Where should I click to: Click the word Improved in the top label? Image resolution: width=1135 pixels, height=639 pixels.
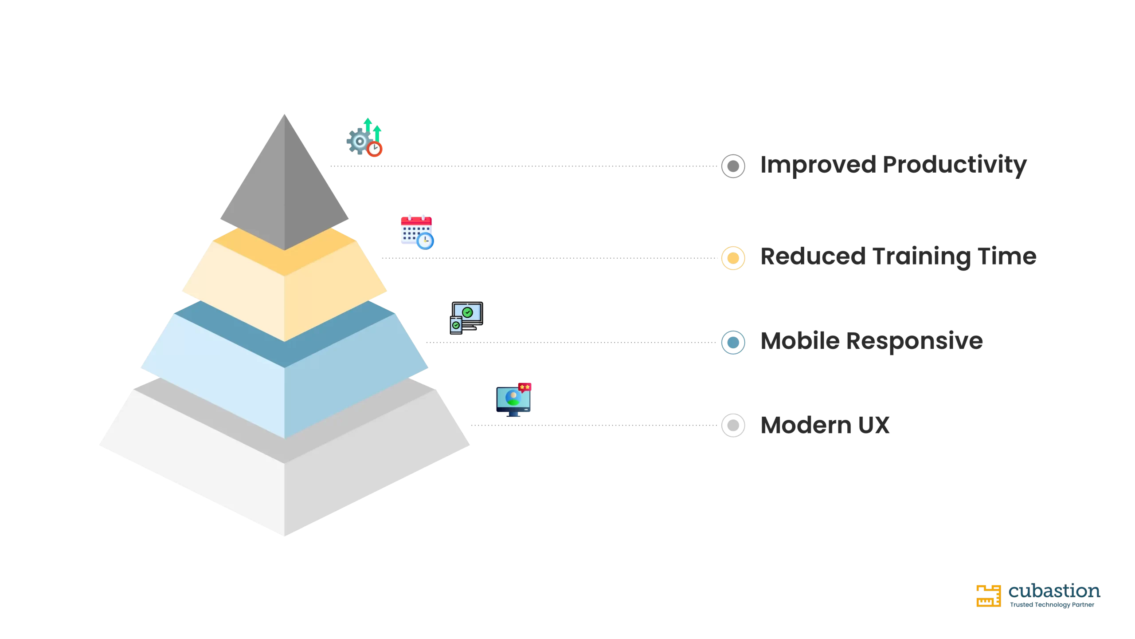click(818, 165)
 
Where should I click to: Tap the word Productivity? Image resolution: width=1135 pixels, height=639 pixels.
click(955, 165)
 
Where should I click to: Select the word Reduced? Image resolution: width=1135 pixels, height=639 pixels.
click(813, 256)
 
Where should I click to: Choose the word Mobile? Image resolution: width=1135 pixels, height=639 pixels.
click(800, 341)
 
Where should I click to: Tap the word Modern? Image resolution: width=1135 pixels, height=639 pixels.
click(806, 426)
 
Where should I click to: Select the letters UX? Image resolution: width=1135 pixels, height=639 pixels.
click(874, 426)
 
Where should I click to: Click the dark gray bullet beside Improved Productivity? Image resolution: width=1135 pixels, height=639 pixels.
click(733, 166)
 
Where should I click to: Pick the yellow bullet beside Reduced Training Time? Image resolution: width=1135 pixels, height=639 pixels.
click(733, 258)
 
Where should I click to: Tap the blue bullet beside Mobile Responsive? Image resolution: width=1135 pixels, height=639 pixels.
click(733, 342)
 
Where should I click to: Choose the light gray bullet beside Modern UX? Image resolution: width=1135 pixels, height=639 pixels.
click(733, 425)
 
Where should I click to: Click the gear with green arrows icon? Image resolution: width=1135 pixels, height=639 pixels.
click(364, 138)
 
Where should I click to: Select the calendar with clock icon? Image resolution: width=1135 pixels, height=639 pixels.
click(417, 233)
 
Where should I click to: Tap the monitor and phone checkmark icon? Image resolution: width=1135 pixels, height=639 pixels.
click(466, 318)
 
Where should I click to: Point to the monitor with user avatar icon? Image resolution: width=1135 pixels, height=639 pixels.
click(513, 400)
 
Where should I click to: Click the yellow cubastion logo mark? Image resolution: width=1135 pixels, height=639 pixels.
click(988, 596)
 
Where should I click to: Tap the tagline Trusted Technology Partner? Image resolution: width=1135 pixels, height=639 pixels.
click(1052, 605)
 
